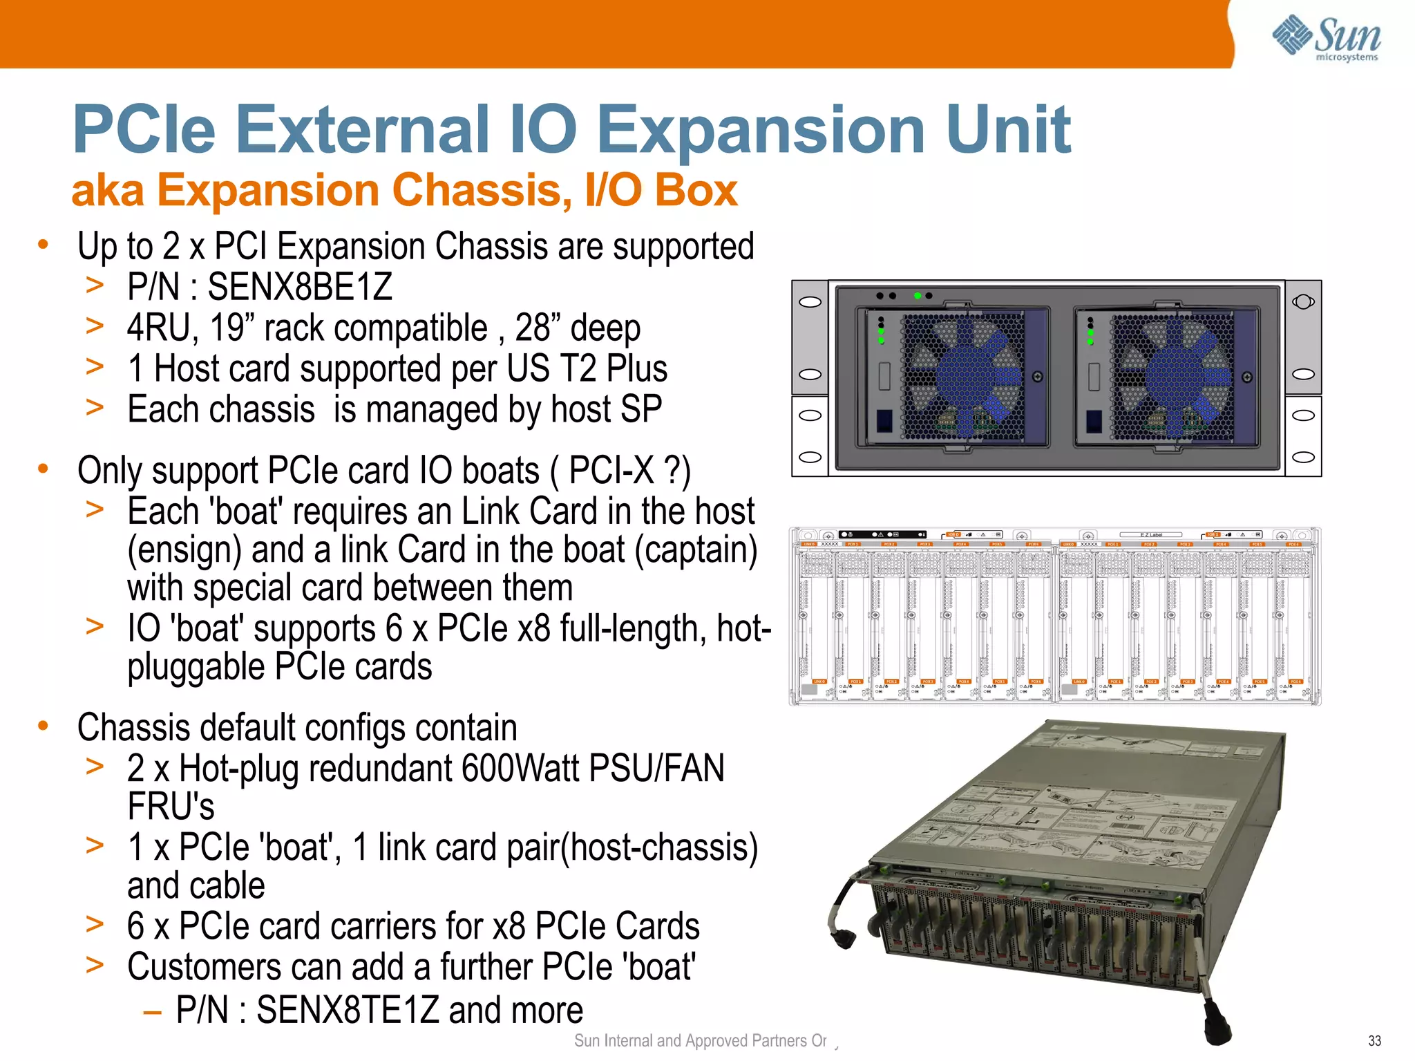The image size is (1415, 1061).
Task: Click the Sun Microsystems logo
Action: coord(1326,38)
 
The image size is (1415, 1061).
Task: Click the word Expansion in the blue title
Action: coord(760,129)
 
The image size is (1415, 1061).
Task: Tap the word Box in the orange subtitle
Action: coord(696,190)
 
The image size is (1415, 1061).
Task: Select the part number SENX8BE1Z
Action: coord(300,287)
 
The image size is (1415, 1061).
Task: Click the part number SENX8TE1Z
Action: coord(348,1010)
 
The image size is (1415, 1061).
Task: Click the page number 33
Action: coord(1374,1041)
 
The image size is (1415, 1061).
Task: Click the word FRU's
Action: coord(171,807)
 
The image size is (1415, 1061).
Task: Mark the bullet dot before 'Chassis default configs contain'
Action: coord(43,726)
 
